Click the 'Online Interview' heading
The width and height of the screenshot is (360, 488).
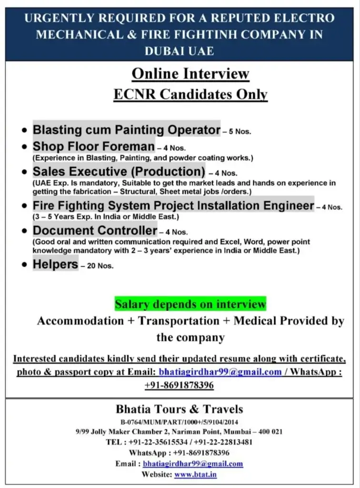(190, 74)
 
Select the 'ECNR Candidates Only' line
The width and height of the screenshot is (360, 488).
(190, 94)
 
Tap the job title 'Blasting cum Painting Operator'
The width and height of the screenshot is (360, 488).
(126, 130)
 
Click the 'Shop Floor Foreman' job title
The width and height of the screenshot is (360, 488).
(93, 146)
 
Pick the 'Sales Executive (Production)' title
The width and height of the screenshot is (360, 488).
(119, 171)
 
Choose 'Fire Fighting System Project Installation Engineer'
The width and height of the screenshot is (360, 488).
(173, 206)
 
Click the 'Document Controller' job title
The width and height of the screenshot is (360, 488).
(95, 231)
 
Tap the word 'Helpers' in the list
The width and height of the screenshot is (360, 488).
(55, 264)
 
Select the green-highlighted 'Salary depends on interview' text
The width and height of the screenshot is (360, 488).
(190, 304)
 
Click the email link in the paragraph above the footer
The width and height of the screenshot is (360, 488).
(220, 372)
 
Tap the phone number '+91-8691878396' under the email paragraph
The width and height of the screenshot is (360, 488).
(179, 385)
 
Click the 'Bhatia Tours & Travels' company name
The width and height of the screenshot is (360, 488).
(179, 409)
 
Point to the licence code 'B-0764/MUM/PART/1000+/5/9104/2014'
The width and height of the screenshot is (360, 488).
(179, 422)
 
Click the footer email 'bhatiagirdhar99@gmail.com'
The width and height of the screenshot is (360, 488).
(193, 463)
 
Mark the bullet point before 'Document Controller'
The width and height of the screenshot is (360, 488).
(25, 232)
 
